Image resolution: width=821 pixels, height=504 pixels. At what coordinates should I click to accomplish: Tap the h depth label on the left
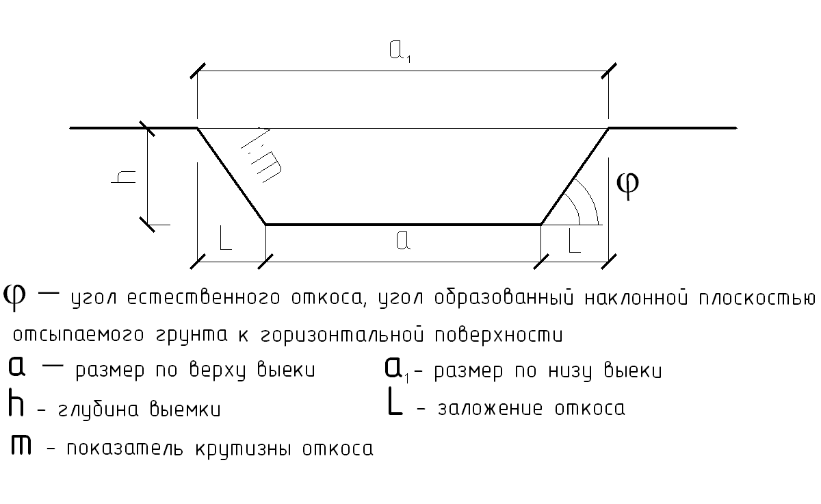tap(126, 177)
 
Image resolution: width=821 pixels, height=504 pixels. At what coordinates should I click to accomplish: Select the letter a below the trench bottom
tap(403, 241)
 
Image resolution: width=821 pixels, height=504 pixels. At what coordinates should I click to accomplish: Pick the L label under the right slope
tap(573, 241)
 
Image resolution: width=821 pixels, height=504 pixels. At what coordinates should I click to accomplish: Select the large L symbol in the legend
tap(395, 404)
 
